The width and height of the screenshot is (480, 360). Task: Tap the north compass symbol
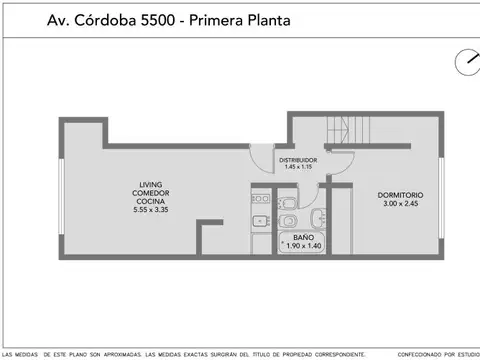(x=466, y=61)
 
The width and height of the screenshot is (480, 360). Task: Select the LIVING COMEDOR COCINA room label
(x=152, y=193)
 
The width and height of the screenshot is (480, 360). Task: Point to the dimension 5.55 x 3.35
(x=152, y=210)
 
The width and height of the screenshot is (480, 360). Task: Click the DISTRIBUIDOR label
(x=298, y=159)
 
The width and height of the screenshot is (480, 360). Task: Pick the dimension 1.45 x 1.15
(x=298, y=167)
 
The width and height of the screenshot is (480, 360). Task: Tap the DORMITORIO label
(x=400, y=194)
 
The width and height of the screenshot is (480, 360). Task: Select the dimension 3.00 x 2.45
(x=400, y=203)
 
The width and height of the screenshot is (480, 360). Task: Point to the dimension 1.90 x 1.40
(x=303, y=246)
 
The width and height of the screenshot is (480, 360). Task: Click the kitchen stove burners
(x=259, y=199)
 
